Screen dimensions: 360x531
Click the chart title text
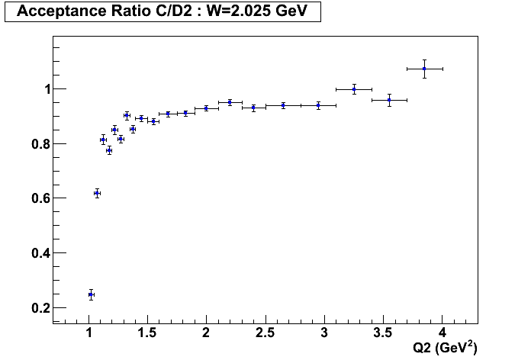pos(162,11)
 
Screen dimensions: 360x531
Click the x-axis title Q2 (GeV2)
pos(445,348)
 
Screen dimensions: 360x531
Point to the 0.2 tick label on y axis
pos(41,307)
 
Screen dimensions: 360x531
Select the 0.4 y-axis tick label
pos(41,253)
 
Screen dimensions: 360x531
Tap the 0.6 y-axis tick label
pos(41,198)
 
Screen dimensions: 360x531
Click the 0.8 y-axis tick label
pos(41,144)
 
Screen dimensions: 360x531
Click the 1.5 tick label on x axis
pos(147,333)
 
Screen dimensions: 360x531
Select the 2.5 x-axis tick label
pos(265,333)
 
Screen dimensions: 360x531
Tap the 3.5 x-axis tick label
pos(383,333)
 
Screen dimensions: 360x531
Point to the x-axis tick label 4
pos(443,333)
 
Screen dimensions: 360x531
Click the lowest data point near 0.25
pos(91,294)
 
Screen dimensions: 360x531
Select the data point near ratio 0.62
pos(97,193)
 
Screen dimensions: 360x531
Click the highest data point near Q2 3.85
pos(424,69)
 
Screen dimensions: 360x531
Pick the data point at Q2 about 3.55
pos(389,100)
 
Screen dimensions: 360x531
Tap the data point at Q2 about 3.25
pos(354,89)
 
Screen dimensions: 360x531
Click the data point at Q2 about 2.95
pos(318,105)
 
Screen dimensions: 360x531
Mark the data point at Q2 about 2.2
pos(230,102)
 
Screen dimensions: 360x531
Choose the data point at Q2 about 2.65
pos(283,105)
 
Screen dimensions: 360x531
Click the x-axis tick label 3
pos(324,333)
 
